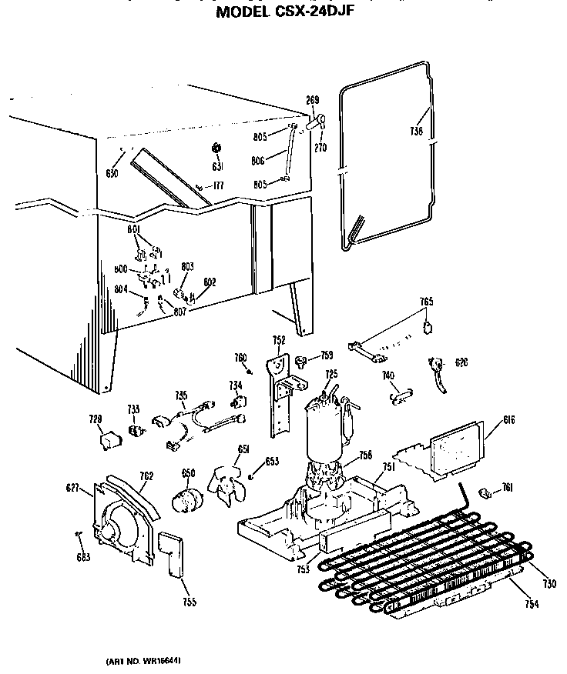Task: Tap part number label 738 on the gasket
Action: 417,132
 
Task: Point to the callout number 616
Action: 508,419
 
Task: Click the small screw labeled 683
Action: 78,532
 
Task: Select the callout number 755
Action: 188,602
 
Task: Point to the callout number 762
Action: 146,475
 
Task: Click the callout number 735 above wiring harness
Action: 181,395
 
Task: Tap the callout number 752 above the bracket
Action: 278,339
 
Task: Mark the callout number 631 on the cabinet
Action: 217,166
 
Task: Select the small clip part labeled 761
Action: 487,492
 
